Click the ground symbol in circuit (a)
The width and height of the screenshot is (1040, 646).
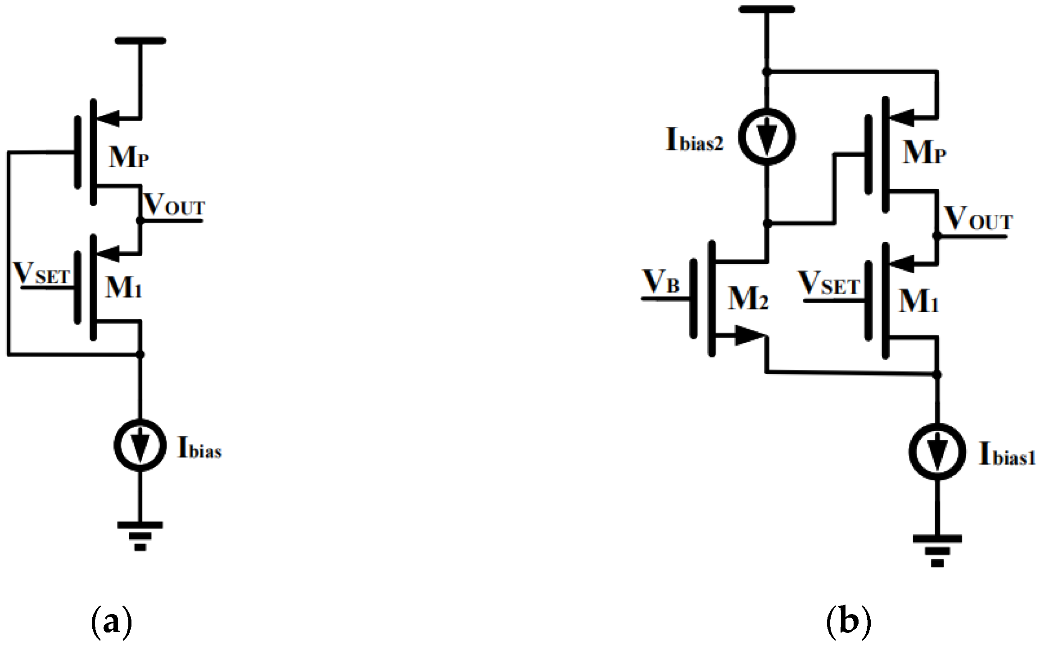(x=140, y=536)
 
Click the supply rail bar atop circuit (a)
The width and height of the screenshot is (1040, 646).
(x=140, y=41)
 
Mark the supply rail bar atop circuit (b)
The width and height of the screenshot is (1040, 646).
(x=767, y=9)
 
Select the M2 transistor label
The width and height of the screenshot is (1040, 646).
(x=748, y=298)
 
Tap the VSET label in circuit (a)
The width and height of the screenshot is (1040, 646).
(x=42, y=273)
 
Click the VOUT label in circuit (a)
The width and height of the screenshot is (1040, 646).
(x=174, y=205)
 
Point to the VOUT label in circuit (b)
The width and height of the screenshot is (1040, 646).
(x=977, y=219)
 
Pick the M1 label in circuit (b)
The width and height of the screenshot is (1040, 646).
(x=918, y=301)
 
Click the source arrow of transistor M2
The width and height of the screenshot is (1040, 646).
(x=750, y=336)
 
